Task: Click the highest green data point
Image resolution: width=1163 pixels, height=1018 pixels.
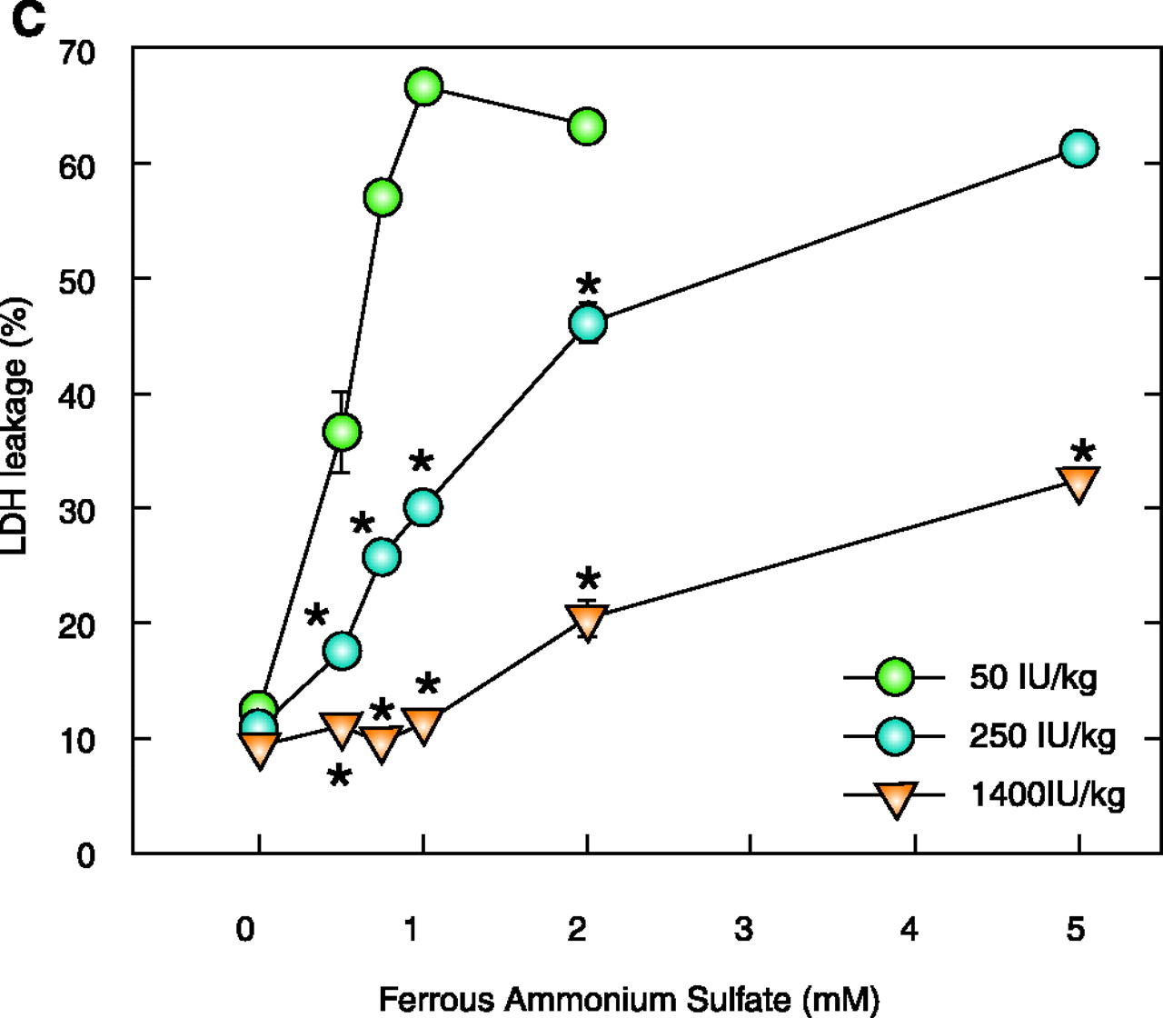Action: tap(423, 87)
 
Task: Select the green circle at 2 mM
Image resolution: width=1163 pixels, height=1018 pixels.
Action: tap(587, 126)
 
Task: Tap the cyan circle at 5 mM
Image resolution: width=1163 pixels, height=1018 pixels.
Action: tap(1079, 148)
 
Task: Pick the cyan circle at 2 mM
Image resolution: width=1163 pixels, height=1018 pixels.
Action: tap(588, 323)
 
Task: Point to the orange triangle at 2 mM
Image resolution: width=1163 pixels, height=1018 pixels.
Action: tap(588, 622)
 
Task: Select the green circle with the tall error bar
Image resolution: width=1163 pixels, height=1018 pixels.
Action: tap(342, 432)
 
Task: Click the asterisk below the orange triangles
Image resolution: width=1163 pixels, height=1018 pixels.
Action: tap(340, 776)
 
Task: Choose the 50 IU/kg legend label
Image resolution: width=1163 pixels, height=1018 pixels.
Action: tap(1033, 678)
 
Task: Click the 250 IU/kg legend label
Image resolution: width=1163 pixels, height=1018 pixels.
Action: tap(1042, 736)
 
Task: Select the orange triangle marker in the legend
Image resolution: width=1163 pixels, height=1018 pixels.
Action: tap(896, 798)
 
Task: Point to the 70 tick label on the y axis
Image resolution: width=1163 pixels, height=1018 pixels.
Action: tap(79, 53)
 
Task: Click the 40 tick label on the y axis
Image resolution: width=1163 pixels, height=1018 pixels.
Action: tap(79, 396)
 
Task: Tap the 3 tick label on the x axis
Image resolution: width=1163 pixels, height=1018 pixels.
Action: tap(744, 930)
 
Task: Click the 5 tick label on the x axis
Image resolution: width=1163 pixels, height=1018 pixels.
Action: tap(1076, 930)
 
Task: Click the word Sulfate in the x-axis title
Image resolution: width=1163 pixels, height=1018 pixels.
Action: tap(730, 999)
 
